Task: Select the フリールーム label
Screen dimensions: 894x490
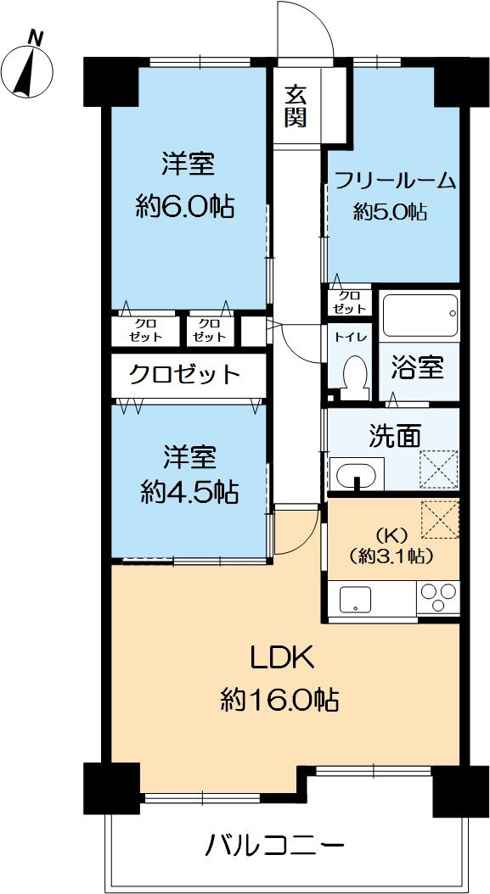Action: [395, 181]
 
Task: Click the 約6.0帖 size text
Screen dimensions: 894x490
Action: [185, 206]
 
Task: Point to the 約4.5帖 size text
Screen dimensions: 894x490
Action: [189, 491]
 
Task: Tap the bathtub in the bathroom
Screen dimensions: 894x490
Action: [419, 316]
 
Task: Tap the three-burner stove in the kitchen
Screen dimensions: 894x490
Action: [438, 598]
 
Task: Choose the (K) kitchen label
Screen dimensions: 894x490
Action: [391, 535]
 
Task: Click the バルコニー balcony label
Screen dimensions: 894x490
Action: [276, 846]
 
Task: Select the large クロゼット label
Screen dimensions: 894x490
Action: [184, 374]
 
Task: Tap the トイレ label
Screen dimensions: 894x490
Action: [350, 337]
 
